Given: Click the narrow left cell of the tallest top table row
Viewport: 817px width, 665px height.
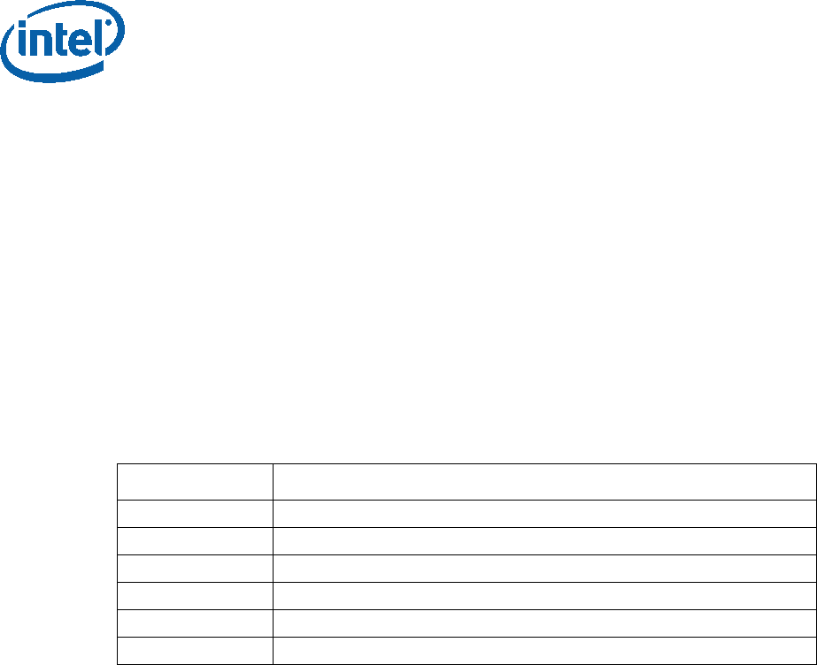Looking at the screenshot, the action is (x=195, y=482).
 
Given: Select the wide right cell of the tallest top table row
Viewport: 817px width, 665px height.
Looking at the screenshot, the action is (x=543, y=482).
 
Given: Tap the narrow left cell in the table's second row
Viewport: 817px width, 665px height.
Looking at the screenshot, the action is (x=195, y=514).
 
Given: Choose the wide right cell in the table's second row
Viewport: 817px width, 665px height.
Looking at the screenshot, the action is (x=543, y=514).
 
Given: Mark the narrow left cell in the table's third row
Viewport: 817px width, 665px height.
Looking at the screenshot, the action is (x=195, y=541).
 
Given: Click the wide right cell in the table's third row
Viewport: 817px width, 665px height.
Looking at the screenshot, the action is (x=543, y=541).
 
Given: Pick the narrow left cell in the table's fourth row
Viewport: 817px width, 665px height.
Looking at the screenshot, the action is (x=195, y=569).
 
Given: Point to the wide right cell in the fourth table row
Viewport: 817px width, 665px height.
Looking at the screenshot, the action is (x=543, y=569).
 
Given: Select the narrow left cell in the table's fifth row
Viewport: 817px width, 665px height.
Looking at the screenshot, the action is (x=195, y=596).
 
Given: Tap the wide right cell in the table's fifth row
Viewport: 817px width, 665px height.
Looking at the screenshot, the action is (x=543, y=596).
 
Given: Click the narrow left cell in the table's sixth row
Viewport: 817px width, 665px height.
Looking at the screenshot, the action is (x=195, y=623).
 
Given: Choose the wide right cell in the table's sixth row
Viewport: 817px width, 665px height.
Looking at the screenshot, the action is (x=543, y=623).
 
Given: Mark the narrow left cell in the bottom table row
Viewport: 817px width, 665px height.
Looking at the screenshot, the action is (x=195, y=651).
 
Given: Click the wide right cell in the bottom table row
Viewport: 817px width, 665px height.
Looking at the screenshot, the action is (x=543, y=651).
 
